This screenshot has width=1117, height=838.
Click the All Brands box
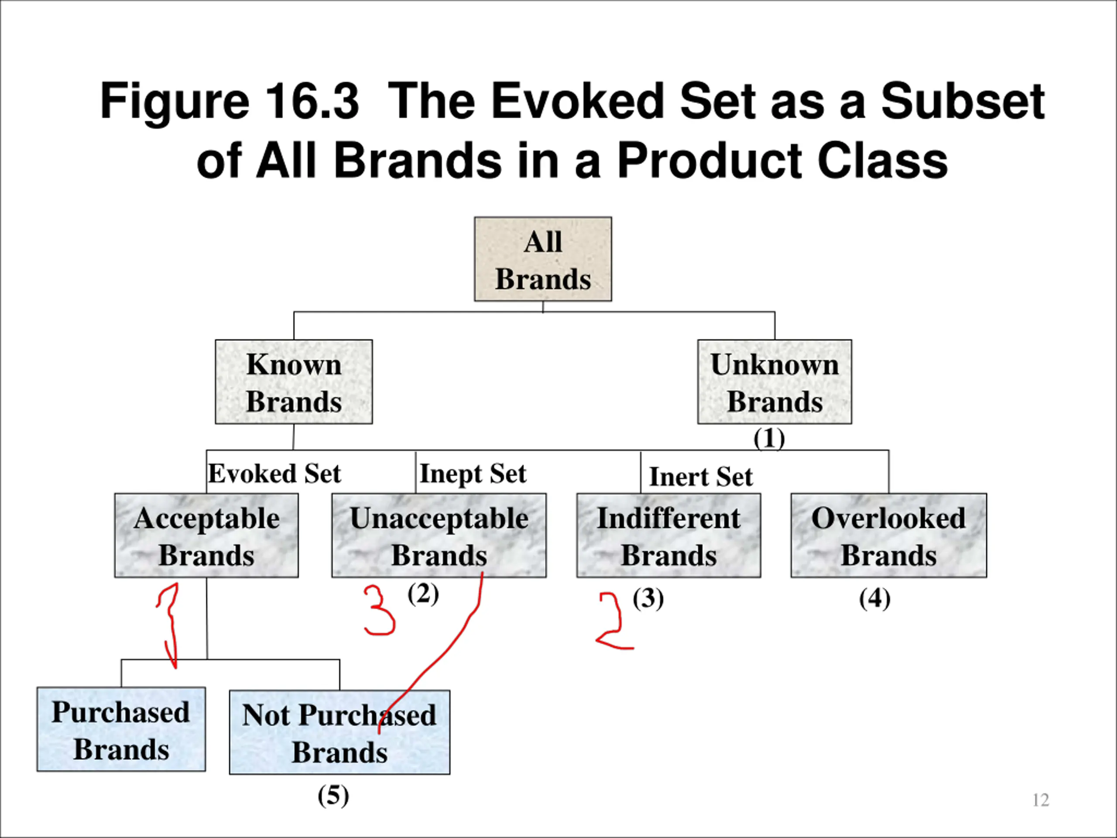(543, 259)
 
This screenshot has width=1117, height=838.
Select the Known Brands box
(294, 382)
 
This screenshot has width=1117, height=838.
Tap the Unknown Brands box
(774, 382)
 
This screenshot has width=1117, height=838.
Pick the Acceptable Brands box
(206, 536)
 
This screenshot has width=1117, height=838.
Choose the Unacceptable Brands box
(439, 536)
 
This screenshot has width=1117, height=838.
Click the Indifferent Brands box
(668, 536)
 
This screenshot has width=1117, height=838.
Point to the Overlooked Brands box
(889, 536)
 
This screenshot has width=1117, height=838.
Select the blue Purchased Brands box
(121, 729)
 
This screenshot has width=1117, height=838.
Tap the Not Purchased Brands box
(339, 732)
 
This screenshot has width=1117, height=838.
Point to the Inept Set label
(473, 474)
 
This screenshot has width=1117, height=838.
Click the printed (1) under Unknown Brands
(769, 439)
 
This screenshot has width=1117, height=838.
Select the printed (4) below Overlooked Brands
(874, 599)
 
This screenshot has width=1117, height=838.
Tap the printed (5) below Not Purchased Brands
(333, 796)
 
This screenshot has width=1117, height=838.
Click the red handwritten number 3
(380, 610)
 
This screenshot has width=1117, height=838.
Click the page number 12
(1041, 800)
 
